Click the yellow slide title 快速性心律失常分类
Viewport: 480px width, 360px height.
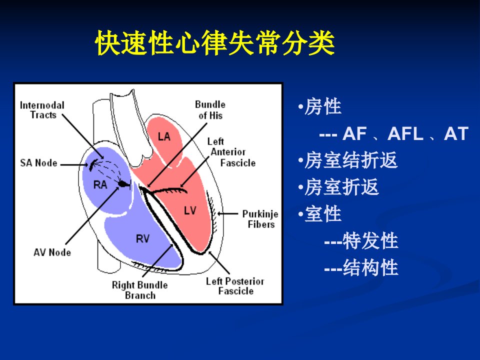click(215, 43)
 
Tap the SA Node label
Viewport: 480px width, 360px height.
click(38, 163)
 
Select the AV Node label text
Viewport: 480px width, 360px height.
click(52, 252)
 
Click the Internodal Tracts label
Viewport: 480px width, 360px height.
click(42, 110)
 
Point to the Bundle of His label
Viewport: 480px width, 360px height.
click(210, 110)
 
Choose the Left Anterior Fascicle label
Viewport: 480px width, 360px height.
click(231, 152)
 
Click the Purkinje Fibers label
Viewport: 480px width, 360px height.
click(260, 219)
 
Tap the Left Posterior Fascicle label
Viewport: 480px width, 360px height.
click(235, 286)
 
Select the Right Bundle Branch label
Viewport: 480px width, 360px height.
click(140, 290)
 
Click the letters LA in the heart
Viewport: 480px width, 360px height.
click(164, 136)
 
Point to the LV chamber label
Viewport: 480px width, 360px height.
click(190, 210)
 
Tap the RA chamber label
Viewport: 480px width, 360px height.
click(100, 185)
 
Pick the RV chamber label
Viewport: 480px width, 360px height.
click(142, 239)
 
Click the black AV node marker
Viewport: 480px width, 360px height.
click(123, 183)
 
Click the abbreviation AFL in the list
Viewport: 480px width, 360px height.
click(405, 134)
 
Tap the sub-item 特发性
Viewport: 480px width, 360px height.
click(370, 241)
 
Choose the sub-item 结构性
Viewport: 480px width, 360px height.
click(370, 267)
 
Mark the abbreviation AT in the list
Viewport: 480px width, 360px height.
click(456, 134)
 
